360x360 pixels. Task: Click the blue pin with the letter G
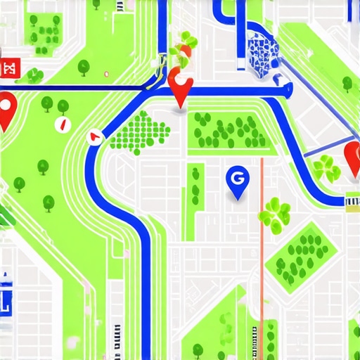(x=237, y=180)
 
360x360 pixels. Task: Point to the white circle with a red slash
(x=61, y=124)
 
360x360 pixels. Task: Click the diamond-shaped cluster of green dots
(x=141, y=131)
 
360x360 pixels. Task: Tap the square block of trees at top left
(x=46, y=31)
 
